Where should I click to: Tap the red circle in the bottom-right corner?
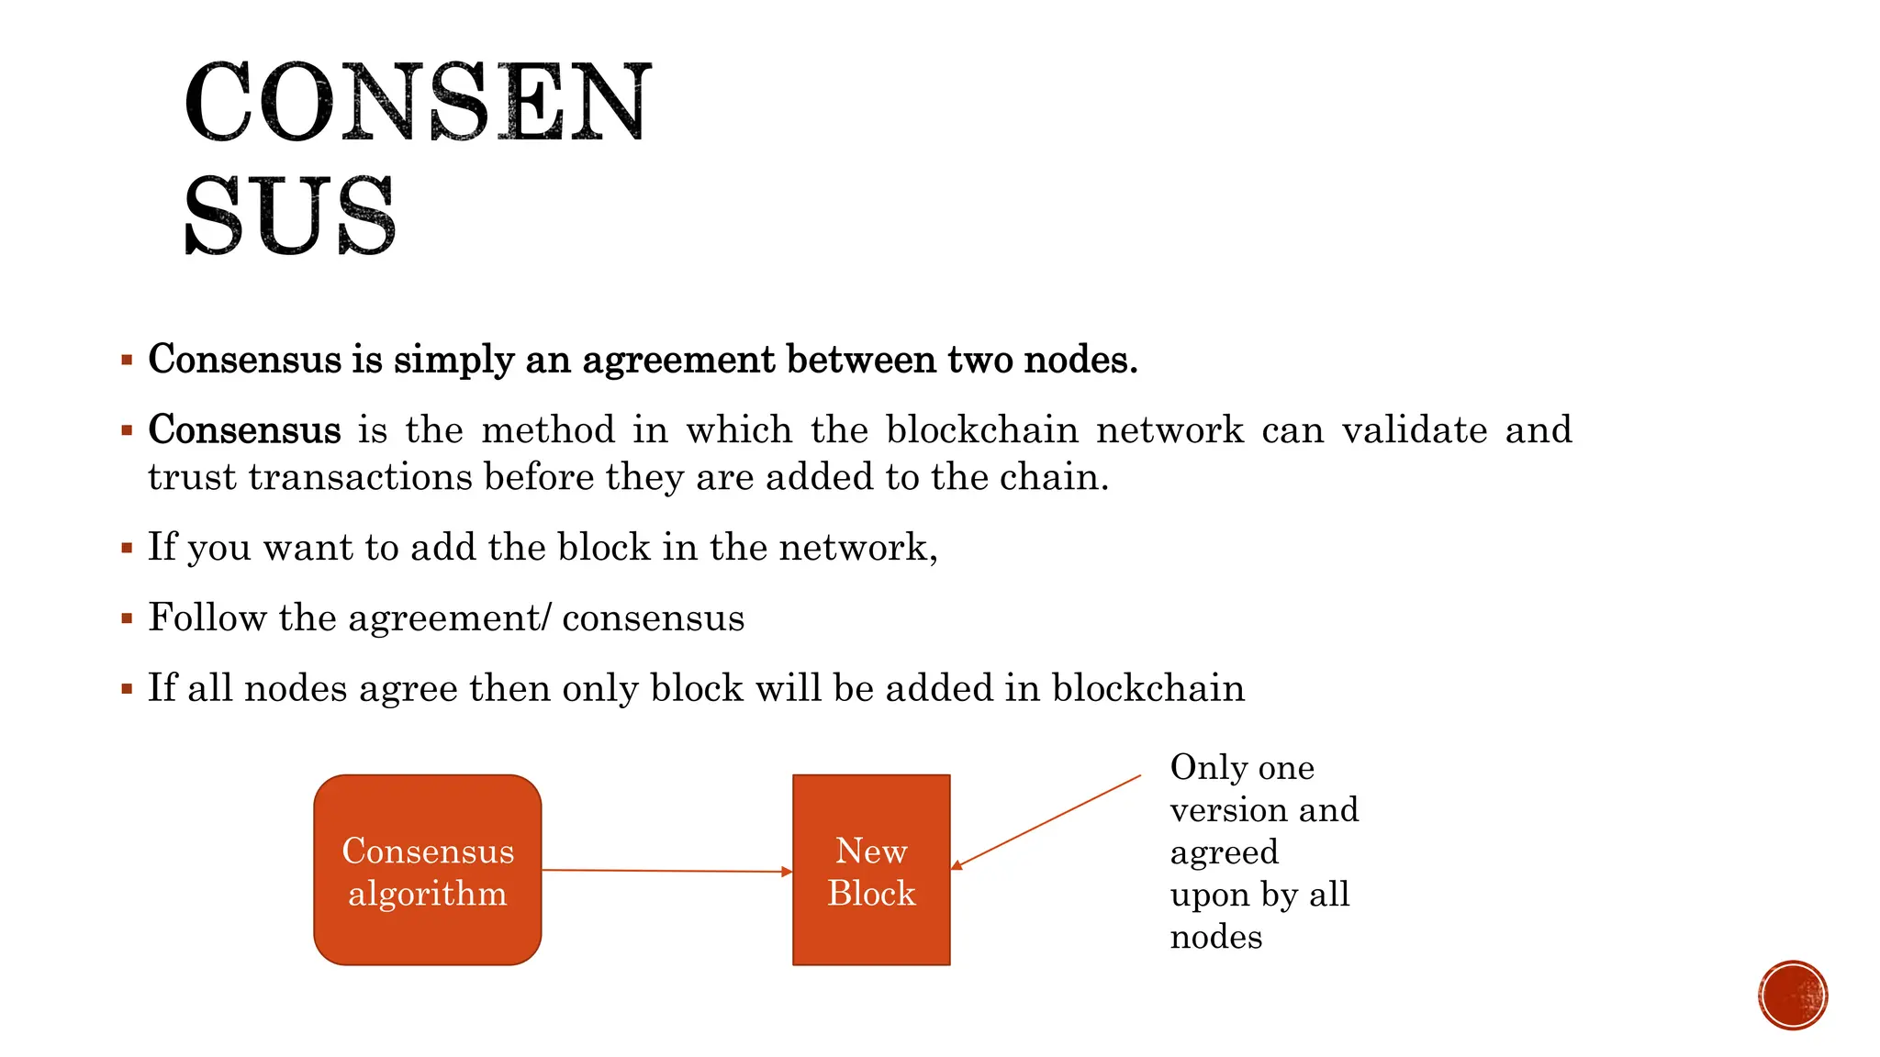point(1793,996)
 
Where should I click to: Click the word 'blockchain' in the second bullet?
point(981,430)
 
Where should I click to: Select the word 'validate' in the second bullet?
point(1415,430)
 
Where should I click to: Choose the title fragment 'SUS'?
point(290,216)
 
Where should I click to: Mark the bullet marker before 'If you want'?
point(127,549)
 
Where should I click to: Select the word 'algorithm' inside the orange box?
point(427,894)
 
